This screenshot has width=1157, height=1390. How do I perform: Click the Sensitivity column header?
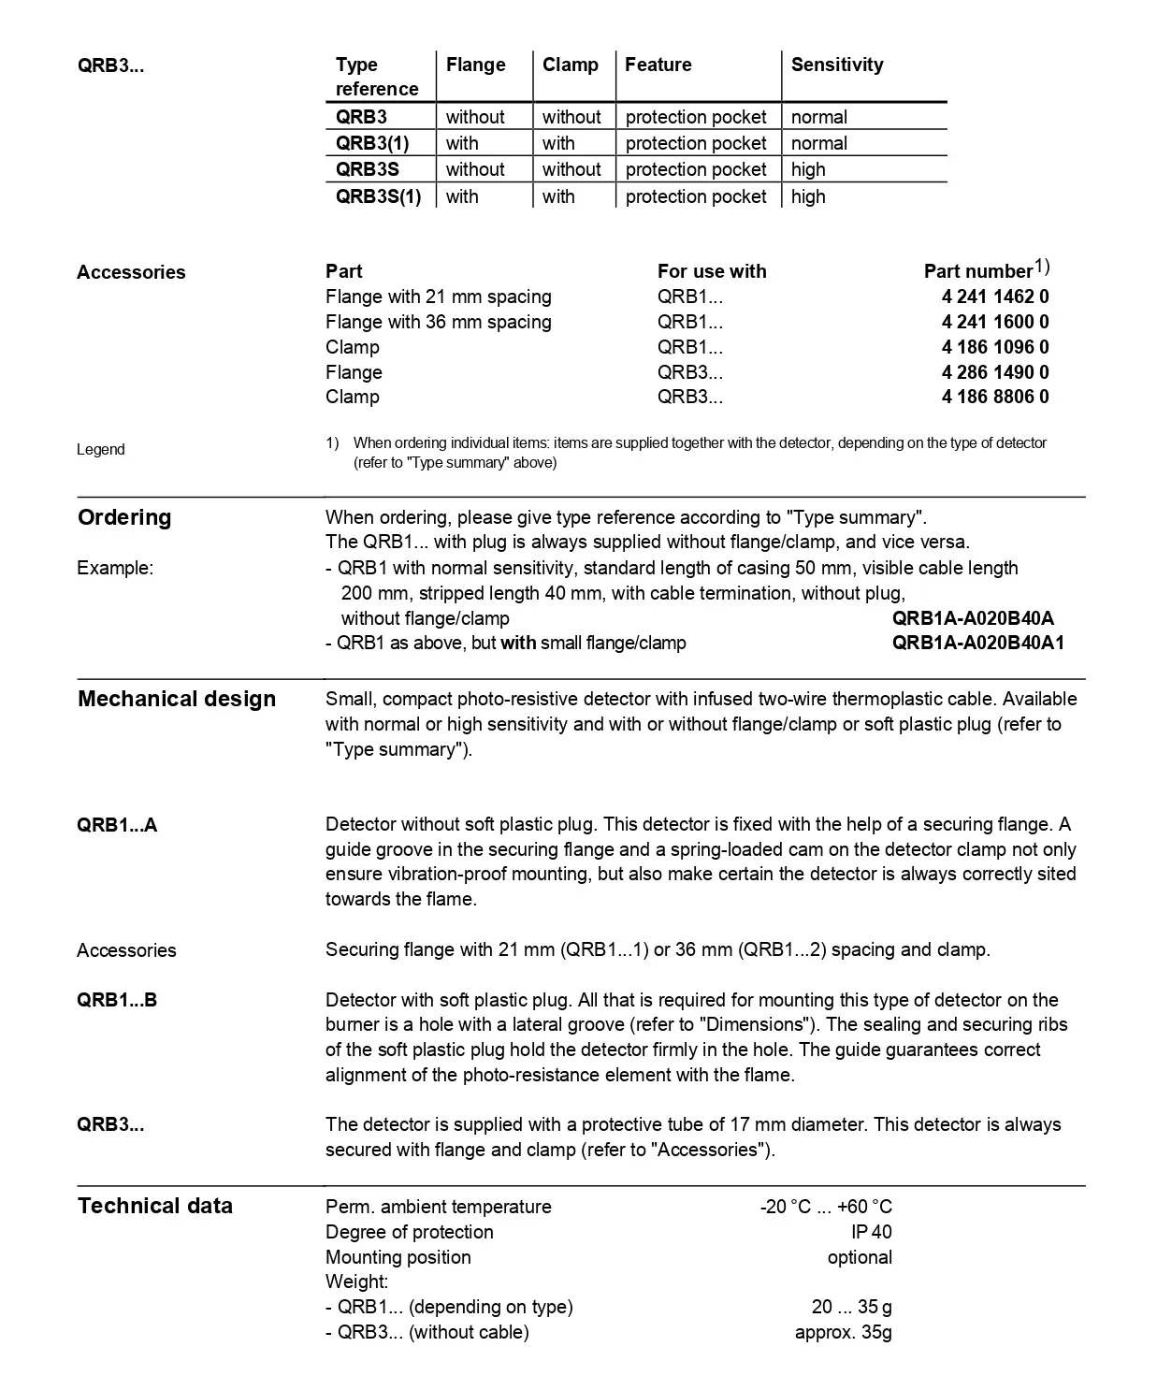[836, 65]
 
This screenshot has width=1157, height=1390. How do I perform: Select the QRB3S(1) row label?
[378, 196]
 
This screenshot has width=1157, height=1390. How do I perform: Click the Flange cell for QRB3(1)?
[462, 143]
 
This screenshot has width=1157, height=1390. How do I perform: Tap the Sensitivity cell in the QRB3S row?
[808, 169]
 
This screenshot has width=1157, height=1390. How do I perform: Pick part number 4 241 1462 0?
[995, 297]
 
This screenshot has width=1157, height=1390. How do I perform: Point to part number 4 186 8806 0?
[995, 397]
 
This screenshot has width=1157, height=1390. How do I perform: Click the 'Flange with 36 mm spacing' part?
[438, 322]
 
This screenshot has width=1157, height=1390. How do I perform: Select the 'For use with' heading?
[711, 271]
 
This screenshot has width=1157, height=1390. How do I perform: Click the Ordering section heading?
[124, 517]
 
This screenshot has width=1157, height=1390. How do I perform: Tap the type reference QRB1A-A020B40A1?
[977, 643]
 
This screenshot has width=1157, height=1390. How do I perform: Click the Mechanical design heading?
[177, 699]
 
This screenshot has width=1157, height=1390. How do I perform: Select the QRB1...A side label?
[117, 825]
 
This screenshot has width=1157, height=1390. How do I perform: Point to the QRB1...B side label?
[117, 1000]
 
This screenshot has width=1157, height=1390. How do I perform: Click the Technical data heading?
[155, 1206]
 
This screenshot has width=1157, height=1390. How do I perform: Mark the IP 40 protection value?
[872, 1232]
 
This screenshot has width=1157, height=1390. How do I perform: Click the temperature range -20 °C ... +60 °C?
[826, 1207]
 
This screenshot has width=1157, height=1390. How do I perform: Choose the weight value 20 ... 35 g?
[851, 1307]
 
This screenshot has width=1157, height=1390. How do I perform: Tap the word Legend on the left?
[100, 449]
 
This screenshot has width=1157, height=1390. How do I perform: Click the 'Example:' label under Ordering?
[115, 568]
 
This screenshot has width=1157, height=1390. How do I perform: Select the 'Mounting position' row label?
[398, 1257]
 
